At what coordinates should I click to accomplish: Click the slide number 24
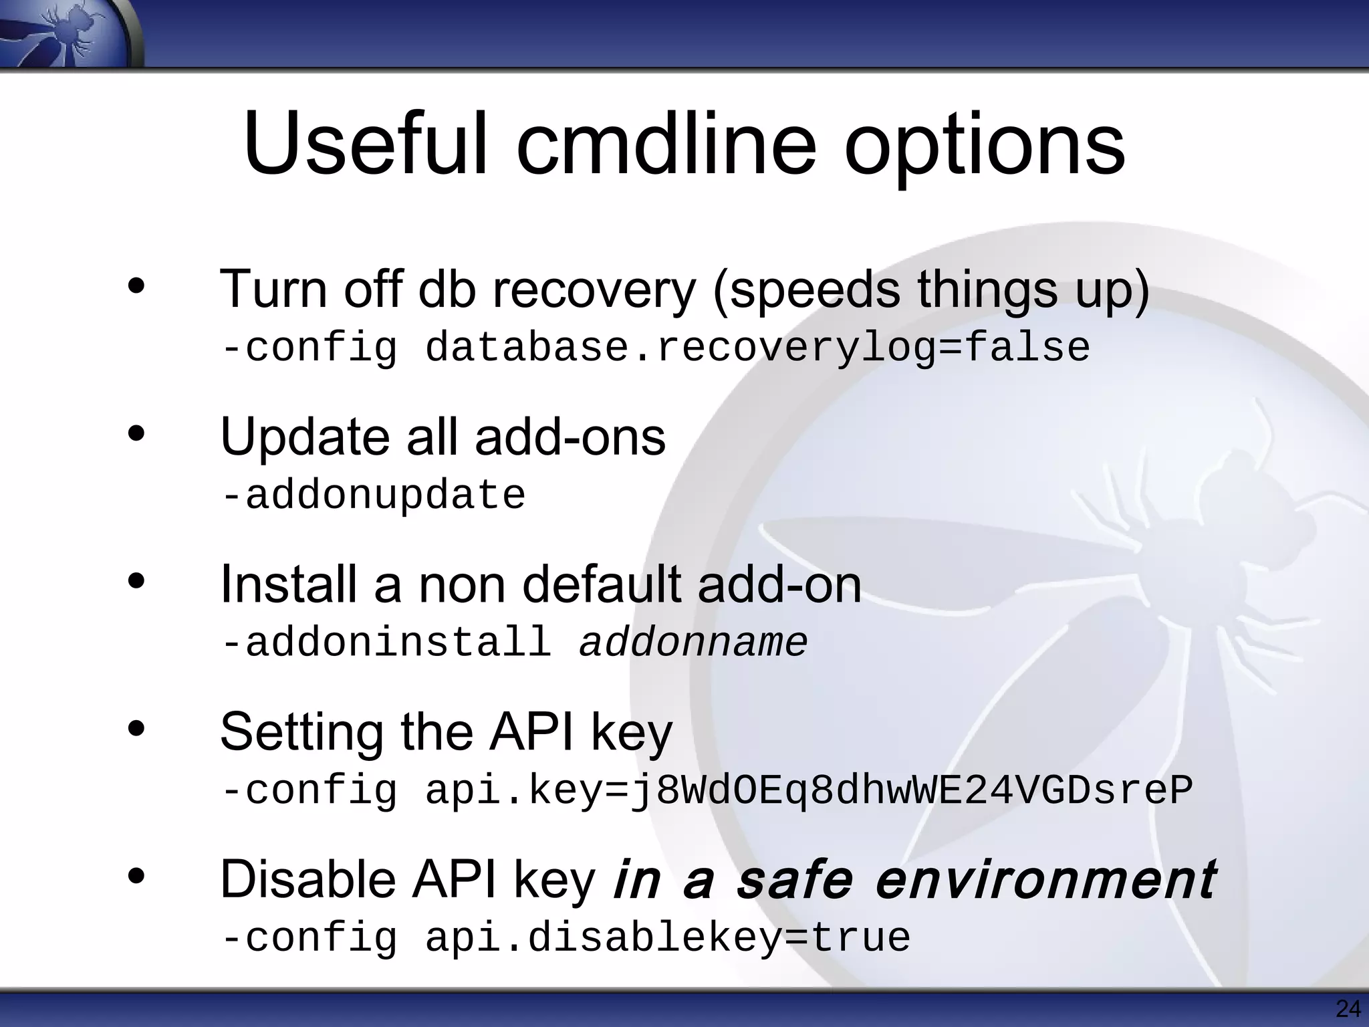point(1348,1008)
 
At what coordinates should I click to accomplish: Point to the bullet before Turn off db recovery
point(136,287)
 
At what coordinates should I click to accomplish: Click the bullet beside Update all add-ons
point(136,435)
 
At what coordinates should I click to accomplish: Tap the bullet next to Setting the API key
point(136,729)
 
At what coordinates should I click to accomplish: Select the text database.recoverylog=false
point(757,348)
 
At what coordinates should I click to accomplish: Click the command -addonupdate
point(374,495)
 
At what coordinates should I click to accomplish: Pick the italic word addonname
point(693,643)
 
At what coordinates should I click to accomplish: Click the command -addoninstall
point(386,643)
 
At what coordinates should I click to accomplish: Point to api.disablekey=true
point(668,937)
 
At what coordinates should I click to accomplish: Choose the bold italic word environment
point(1045,880)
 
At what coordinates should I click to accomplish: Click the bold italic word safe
point(794,880)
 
